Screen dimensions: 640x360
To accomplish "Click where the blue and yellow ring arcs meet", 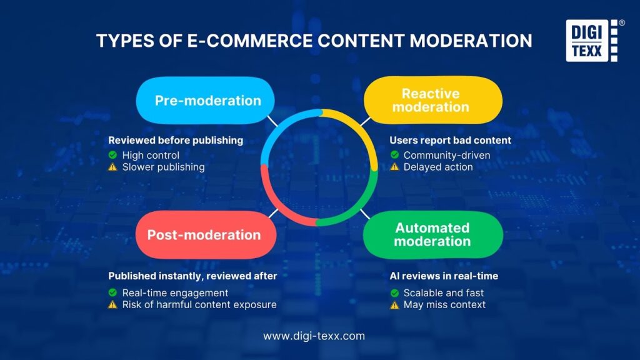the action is [x=320, y=112].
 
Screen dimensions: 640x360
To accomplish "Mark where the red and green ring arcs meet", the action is [x=317, y=222].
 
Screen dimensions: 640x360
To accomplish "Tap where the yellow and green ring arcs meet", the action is [x=374, y=169].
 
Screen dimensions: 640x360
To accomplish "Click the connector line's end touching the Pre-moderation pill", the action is [x=267, y=116].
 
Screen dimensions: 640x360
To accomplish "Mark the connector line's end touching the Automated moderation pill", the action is [x=370, y=219].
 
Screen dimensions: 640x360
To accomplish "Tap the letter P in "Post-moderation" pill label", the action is [x=152, y=235].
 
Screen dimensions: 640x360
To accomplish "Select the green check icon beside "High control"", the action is [x=112, y=155].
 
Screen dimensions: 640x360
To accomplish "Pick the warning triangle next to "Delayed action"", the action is [x=394, y=166].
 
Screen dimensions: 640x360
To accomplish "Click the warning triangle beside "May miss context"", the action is [x=394, y=304].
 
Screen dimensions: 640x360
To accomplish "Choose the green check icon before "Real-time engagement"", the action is [x=112, y=292].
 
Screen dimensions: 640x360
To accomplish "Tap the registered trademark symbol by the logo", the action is [x=622, y=23].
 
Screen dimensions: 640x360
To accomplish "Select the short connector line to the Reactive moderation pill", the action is [x=365, y=121].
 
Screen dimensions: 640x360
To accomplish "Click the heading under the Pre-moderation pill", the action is [x=176, y=141].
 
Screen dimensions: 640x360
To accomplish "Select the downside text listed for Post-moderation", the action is [x=199, y=304].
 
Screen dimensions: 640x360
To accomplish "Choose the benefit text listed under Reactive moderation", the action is [x=446, y=155].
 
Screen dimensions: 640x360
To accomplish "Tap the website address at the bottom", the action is [x=314, y=336].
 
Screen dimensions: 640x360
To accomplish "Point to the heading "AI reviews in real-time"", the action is [x=444, y=276].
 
